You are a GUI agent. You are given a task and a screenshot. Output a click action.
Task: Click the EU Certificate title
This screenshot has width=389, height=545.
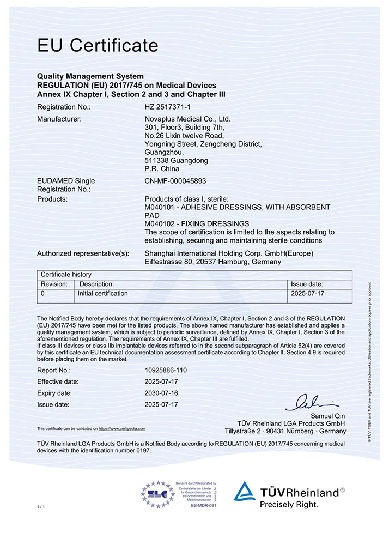pyautogui.click(x=98, y=45)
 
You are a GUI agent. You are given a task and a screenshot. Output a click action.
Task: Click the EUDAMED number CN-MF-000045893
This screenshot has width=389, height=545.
pyautogui.click(x=175, y=180)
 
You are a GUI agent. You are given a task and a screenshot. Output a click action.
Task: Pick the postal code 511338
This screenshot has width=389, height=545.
pyautogui.click(x=157, y=161)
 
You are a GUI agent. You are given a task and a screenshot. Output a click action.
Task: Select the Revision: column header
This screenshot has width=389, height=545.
pyautogui.click(x=54, y=284)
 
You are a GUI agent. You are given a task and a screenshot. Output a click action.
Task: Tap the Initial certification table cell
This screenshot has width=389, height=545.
pyautogui.click(x=104, y=294)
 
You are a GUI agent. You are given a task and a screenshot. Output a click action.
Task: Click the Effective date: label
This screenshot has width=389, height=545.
pyautogui.click(x=58, y=381)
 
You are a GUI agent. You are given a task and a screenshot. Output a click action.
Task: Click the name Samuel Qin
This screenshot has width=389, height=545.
pyautogui.click(x=326, y=416)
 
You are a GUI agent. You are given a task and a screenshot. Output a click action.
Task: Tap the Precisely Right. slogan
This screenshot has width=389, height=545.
pyautogui.click(x=289, y=505)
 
